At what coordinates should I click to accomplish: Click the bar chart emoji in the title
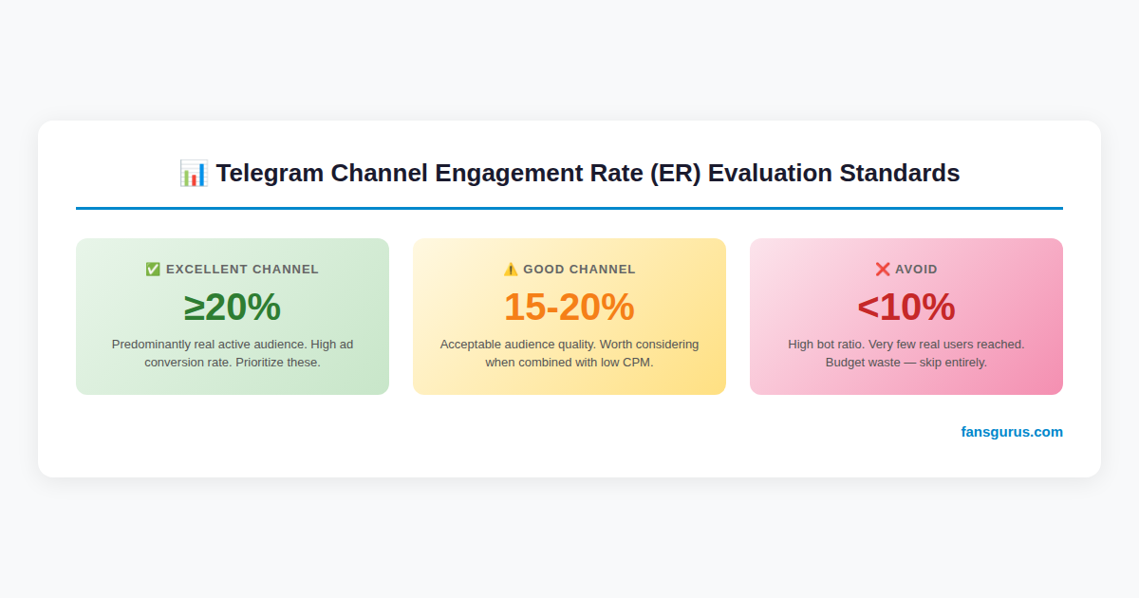[x=193, y=174]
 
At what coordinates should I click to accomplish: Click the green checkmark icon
[x=153, y=270]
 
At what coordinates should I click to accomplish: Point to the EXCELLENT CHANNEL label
[x=242, y=270]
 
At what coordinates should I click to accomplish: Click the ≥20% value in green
[x=233, y=308]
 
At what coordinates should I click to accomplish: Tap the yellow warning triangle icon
[x=511, y=270]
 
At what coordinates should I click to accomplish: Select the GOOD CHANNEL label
[x=579, y=270]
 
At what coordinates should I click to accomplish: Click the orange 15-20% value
[x=569, y=308]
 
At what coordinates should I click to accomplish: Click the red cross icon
[x=883, y=270]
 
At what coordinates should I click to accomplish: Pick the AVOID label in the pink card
[x=916, y=270]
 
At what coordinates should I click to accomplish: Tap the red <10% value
[x=906, y=308]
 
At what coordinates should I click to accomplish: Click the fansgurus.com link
[x=1012, y=432]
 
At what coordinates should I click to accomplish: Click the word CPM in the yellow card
[x=637, y=363]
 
